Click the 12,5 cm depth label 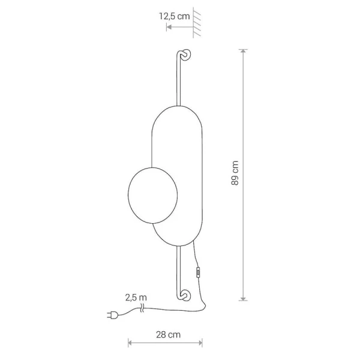click(x=175, y=16)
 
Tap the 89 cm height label click(x=235, y=173)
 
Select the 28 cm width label click(x=168, y=335)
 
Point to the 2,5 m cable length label click(x=136, y=298)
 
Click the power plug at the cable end click(x=113, y=316)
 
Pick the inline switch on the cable click(x=198, y=272)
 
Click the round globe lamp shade click(x=152, y=196)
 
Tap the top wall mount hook click(x=185, y=55)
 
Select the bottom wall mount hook click(x=185, y=295)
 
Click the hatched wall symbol click(x=197, y=23)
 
